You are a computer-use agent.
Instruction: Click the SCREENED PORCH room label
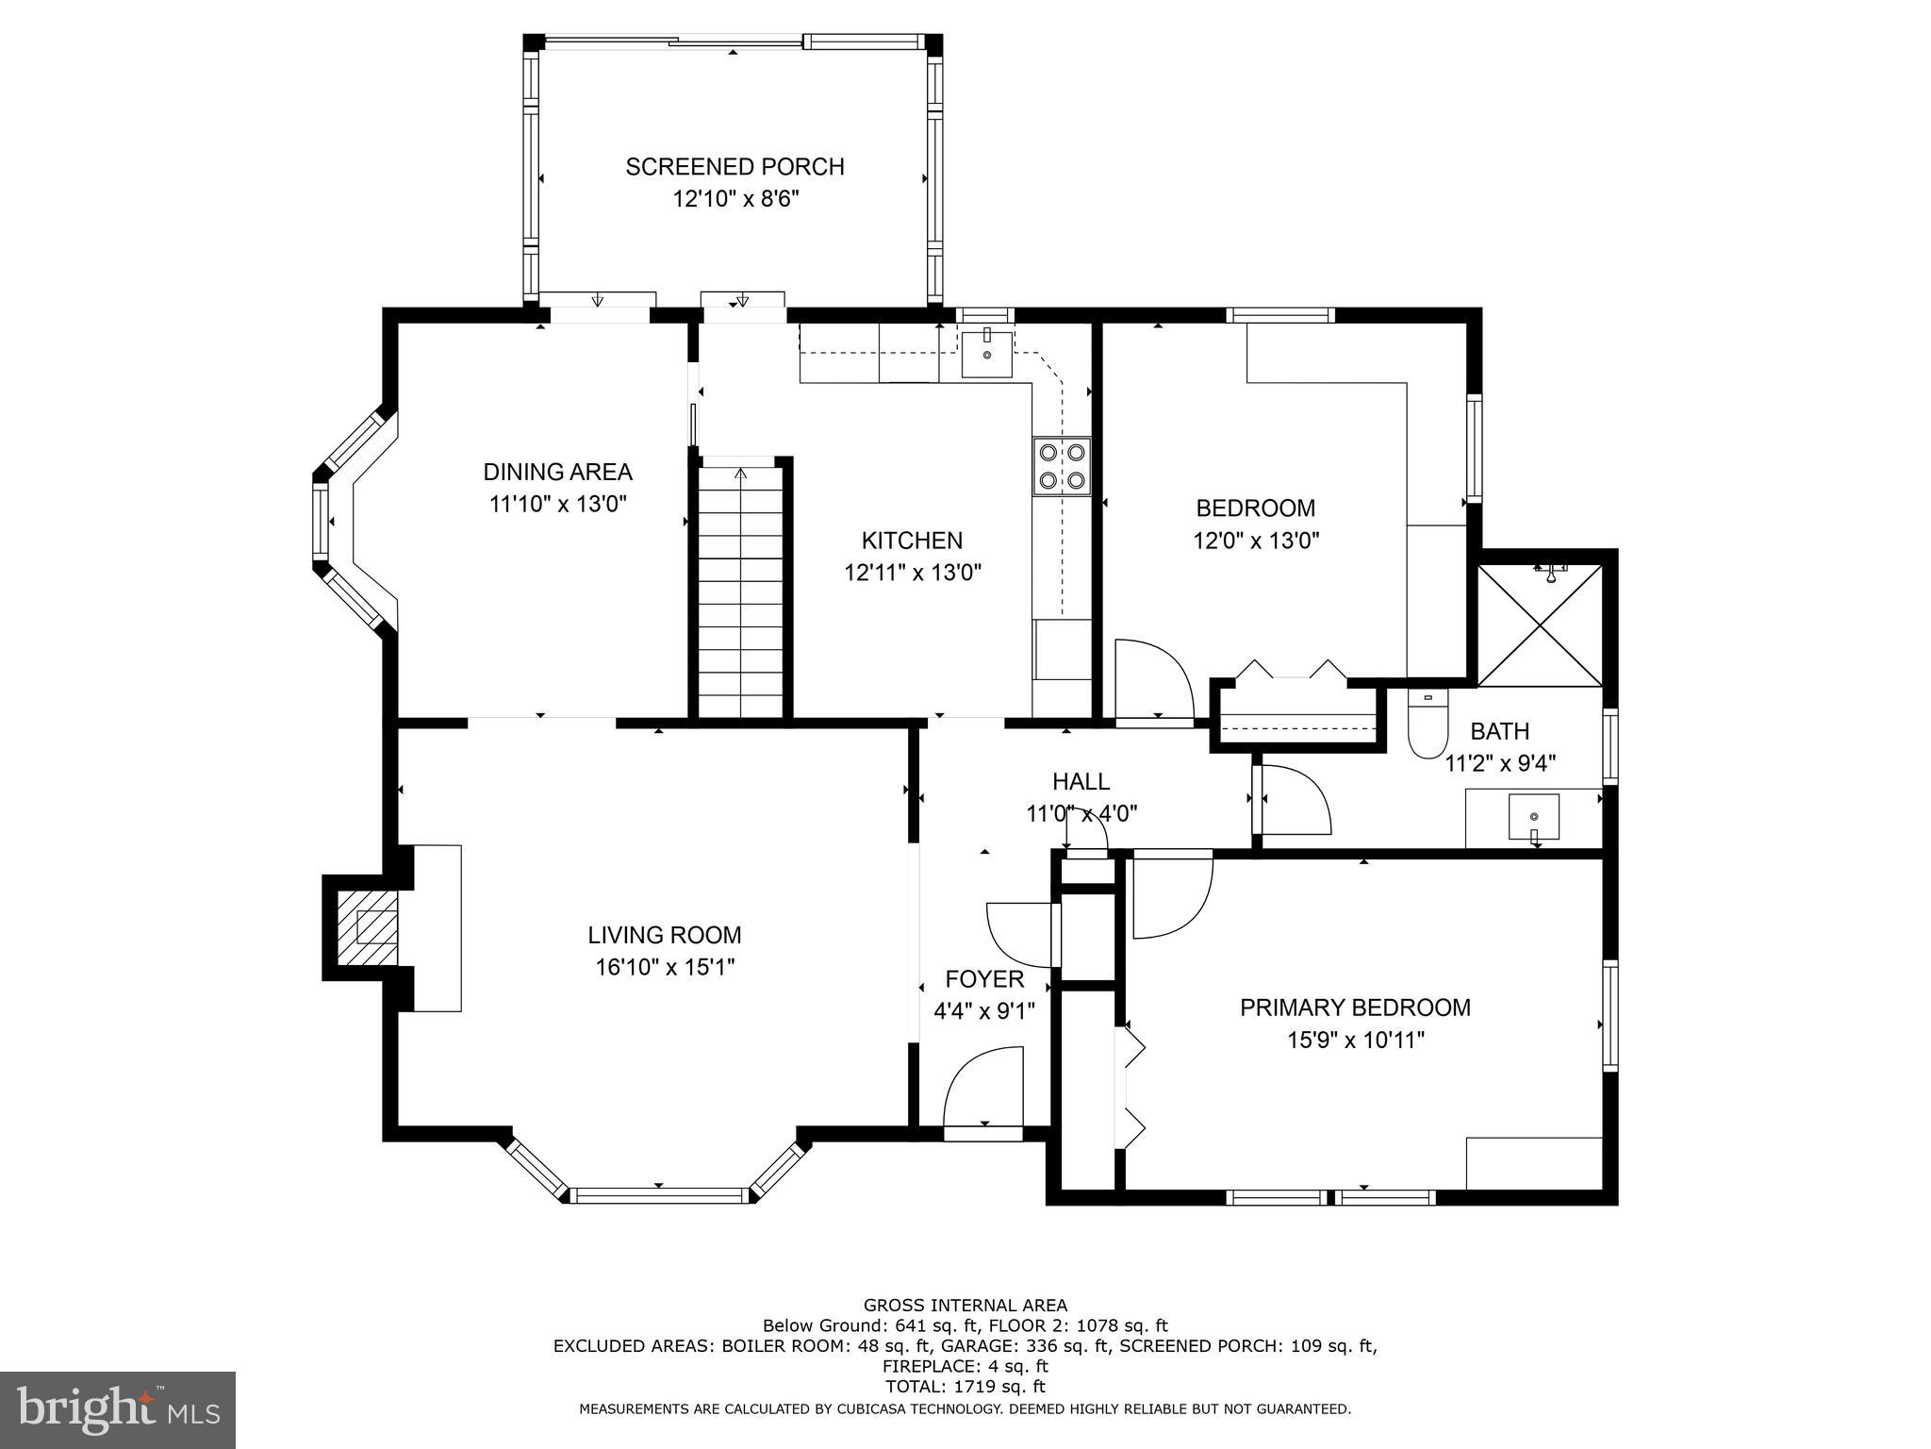coord(734,167)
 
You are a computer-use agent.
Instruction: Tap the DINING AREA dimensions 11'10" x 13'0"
coord(557,504)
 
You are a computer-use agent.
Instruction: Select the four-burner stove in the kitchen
coord(1061,466)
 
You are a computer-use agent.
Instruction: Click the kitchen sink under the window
coord(986,354)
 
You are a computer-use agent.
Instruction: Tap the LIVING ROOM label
coord(665,935)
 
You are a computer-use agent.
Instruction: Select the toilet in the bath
coord(1428,724)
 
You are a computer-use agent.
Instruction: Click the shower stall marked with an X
coord(1540,625)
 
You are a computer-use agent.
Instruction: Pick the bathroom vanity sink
coord(1533,816)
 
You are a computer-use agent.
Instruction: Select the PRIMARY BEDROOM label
coord(1355,1008)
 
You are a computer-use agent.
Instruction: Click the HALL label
coord(1081,781)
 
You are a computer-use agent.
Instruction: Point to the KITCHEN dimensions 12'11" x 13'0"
coord(913,573)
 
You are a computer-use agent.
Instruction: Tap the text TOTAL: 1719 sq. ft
coord(965,1387)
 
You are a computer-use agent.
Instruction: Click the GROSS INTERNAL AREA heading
coord(965,1306)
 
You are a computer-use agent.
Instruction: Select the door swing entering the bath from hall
coord(1294,800)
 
